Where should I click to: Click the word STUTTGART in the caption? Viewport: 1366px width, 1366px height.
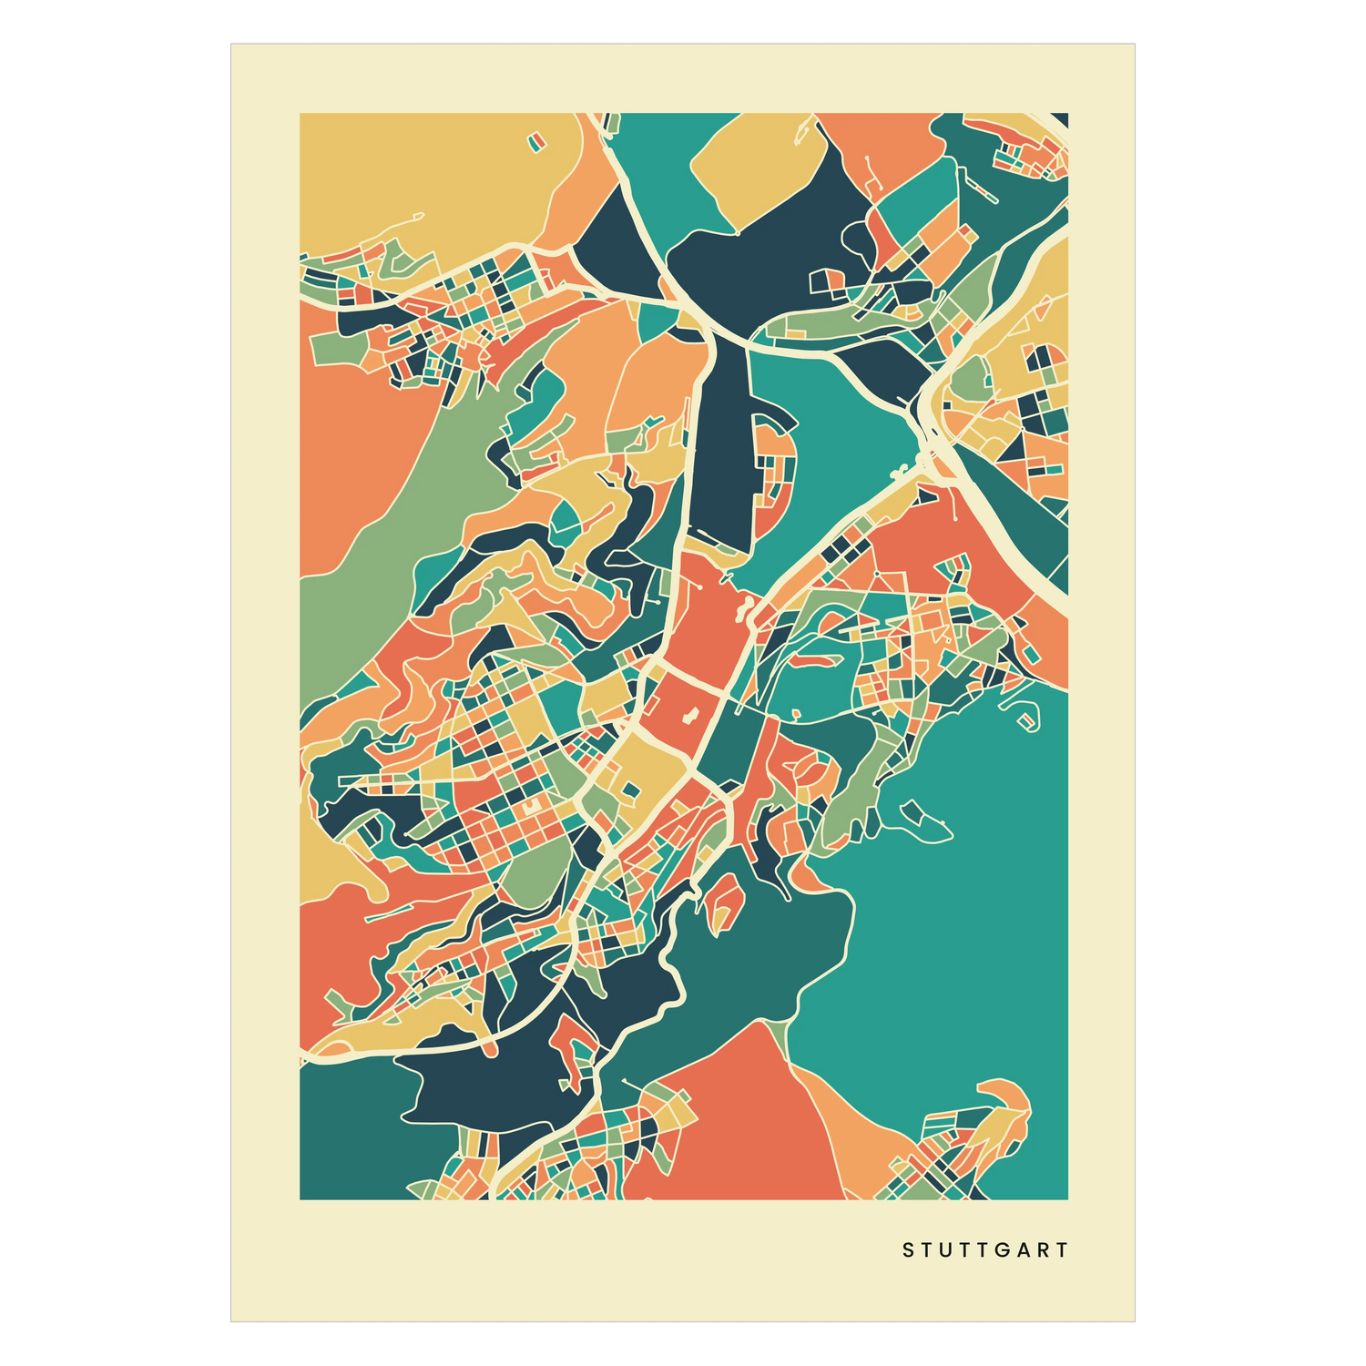985,1250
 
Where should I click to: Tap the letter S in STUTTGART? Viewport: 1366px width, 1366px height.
907,1250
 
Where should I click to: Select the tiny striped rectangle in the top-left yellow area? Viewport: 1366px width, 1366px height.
535,140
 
